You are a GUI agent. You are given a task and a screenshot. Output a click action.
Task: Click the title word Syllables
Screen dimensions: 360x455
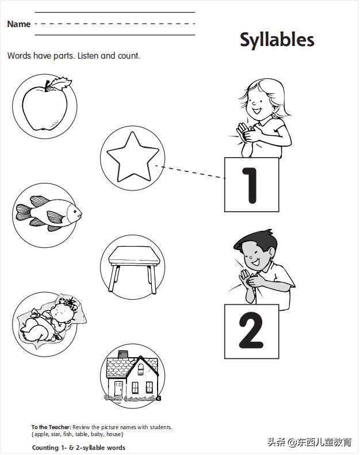click(277, 40)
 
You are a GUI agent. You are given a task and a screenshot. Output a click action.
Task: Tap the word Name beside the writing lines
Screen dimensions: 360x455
click(19, 24)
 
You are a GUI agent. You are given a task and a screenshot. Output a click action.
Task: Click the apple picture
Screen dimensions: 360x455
click(45, 105)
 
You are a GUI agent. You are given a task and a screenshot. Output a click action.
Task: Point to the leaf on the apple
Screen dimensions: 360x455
click(59, 83)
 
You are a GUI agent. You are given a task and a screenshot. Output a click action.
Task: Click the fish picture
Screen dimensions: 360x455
click(49, 213)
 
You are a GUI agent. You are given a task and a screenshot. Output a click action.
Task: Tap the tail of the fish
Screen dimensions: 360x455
click(23, 212)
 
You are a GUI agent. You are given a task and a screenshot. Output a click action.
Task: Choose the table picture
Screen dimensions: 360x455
click(134, 269)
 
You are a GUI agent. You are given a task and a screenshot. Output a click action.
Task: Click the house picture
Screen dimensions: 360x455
click(132, 376)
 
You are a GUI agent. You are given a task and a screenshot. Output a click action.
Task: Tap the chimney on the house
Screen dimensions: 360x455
click(123, 354)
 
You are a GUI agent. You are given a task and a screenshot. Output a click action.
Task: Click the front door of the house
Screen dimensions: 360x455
click(118, 389)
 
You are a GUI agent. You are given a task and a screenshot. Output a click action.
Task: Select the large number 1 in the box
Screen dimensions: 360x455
click(251, 185)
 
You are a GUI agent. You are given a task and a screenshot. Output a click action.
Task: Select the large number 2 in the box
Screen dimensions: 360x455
click(251, 330)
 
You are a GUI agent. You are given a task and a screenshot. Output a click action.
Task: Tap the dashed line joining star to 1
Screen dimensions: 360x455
click(190, 172)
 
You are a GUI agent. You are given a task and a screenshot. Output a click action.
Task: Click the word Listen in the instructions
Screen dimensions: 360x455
click(88, 55)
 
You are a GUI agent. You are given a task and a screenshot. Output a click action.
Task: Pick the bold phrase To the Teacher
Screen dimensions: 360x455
click(51, 427)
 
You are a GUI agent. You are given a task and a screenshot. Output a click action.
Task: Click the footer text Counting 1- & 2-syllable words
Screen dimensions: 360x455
click(79, 448)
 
